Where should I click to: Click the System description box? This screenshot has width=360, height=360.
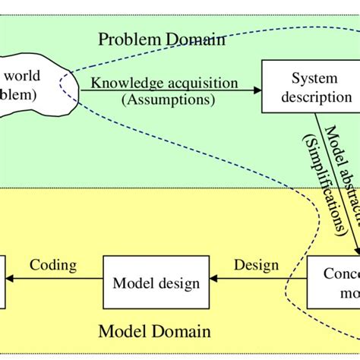[310, 88]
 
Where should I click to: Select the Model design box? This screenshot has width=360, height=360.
[156, 283]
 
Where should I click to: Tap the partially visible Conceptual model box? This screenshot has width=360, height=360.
[334, 283]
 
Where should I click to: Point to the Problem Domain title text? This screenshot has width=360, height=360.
[160, 39]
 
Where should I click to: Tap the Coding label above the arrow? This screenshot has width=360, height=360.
[53, 265]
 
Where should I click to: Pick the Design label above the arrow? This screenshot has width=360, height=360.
[255, 265]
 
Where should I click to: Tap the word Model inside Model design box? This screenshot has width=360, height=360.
[131, 283]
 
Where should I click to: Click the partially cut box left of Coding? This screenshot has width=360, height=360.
[3, 283]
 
